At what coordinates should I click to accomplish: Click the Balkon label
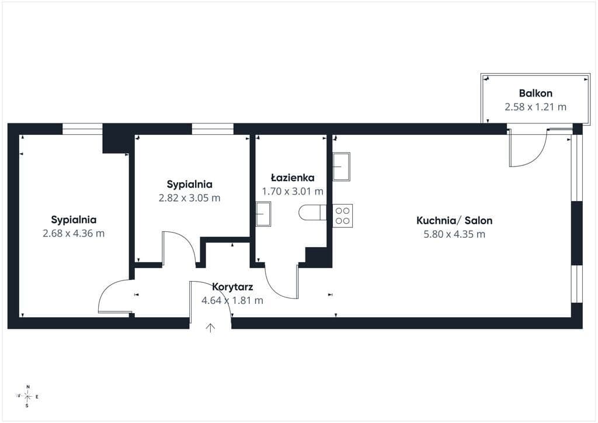tap(536, 93)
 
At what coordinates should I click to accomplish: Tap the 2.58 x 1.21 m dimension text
tap(536, 107)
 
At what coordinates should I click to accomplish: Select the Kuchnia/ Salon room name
tap(454, 220)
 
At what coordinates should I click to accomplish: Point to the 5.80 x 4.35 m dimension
tap(454, 234)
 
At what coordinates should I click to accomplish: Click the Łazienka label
tap(293, 178)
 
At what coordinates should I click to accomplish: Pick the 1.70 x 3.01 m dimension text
tap(293, 191)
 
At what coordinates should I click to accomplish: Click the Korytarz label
tap(232, 287)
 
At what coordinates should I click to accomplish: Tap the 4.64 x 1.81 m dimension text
tap(232, 300)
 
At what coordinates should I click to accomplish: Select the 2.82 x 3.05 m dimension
tap(189, 198)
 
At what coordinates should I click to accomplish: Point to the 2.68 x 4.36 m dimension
tap(74, 234)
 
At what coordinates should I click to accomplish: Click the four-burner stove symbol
tap(342, 216)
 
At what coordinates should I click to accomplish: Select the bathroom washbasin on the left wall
tap(263, 214)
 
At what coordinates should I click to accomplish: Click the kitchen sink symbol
tap(341, 167)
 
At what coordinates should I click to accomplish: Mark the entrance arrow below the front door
tap(210, 328)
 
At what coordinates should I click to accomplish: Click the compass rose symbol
tap(27, 396)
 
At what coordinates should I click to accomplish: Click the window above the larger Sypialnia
tap(82, 129)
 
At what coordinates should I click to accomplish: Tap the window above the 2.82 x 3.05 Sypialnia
tap(213, 129)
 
